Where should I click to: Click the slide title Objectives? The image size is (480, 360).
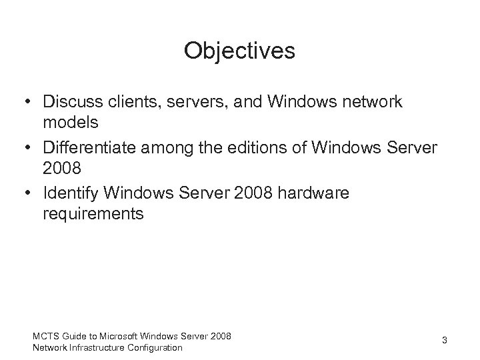240,51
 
